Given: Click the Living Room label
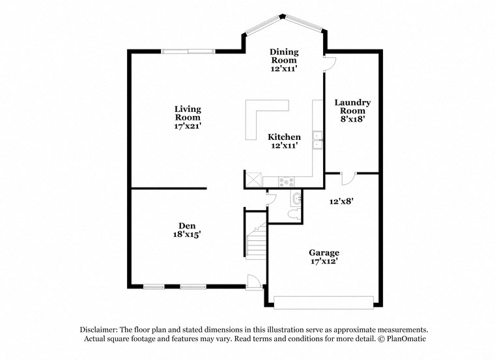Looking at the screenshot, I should point(187,113).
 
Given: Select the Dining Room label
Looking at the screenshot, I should point(285,56).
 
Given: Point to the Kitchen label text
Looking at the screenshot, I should point(285,137).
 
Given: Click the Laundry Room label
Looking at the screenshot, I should point(352,107).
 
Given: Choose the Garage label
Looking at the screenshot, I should point(324,253).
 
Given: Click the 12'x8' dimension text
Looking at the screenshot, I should point(341,202).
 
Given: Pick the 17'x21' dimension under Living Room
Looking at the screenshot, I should point(187,127).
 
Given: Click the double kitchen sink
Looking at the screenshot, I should point(317,140).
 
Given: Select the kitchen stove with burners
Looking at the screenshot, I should point(287,181).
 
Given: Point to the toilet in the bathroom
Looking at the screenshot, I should point(294,213).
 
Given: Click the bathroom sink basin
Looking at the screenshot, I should point(297,198).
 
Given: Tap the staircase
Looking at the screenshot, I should point(255,241).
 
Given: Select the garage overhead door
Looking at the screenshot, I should point(324,302).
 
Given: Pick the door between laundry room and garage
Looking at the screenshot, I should point(347,177).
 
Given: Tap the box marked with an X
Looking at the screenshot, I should point(252,178).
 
